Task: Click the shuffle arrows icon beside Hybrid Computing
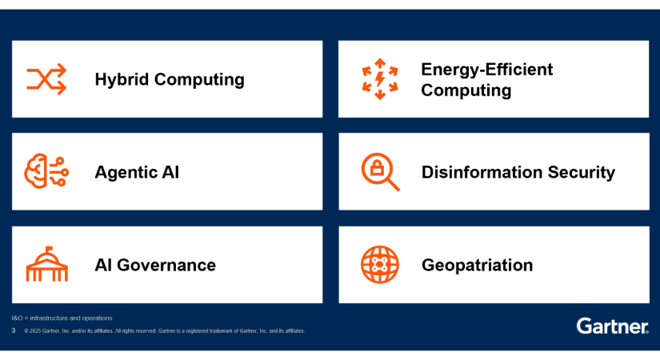click(46, 79)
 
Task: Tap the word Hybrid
click(122, 79)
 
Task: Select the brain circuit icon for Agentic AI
click(46, 171)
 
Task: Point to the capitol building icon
click(46, 264)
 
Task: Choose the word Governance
click(166, 266)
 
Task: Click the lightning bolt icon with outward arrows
click(380, 79)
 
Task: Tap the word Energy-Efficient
click(487, 70)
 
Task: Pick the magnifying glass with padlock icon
click(380, 172)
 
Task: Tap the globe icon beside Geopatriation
click(380, 265)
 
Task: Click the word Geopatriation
click(478, 266)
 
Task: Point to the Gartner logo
click(613, 326)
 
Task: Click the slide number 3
click(14, 330)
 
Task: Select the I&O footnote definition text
click(62, 318)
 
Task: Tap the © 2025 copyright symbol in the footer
click(26, 331)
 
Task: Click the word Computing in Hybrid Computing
click(199, 79)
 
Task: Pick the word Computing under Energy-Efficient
click(466, 90)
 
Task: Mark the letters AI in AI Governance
click(103, 266)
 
